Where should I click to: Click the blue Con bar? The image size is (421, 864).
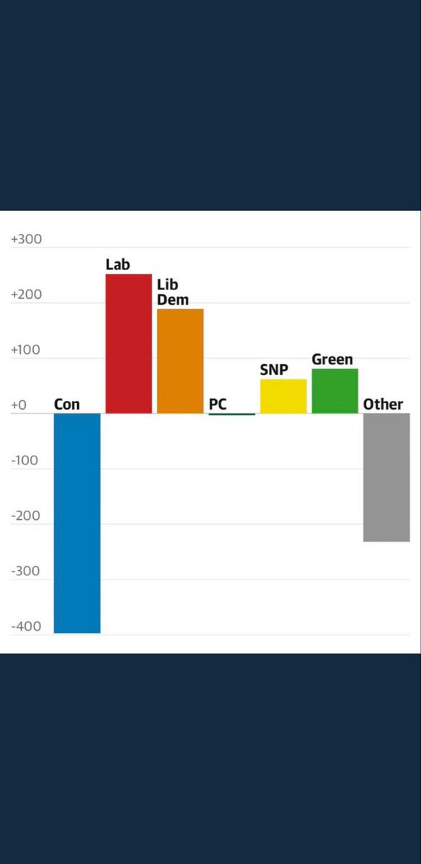[77, 523]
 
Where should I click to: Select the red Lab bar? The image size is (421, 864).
[129, 343]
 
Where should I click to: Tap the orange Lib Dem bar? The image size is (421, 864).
[180, 361]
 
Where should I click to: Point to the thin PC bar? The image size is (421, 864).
[231, 414]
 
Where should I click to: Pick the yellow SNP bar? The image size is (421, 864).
[283, 396]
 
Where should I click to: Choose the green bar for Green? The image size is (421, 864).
[334, 391]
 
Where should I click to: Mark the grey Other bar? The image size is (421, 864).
[386, 477]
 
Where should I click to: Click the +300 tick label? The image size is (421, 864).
[27, 240]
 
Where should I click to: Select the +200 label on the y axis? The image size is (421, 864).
[27, 295]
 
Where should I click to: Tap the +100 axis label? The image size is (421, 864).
[27, 351]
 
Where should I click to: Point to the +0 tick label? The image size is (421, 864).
[19, 405]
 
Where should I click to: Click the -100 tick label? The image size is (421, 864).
[26, 461]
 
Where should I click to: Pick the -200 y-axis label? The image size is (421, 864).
[26, 516]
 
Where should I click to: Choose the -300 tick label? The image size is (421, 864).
[26, 572]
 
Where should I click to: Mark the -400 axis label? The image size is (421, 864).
[26, 626]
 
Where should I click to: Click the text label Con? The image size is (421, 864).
[67, 405]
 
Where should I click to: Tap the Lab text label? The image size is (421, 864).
[118, 264]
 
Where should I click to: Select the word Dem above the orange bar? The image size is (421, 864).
[172, 300]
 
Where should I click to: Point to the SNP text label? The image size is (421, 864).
[274, 371]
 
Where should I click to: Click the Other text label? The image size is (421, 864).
[383, 405]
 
